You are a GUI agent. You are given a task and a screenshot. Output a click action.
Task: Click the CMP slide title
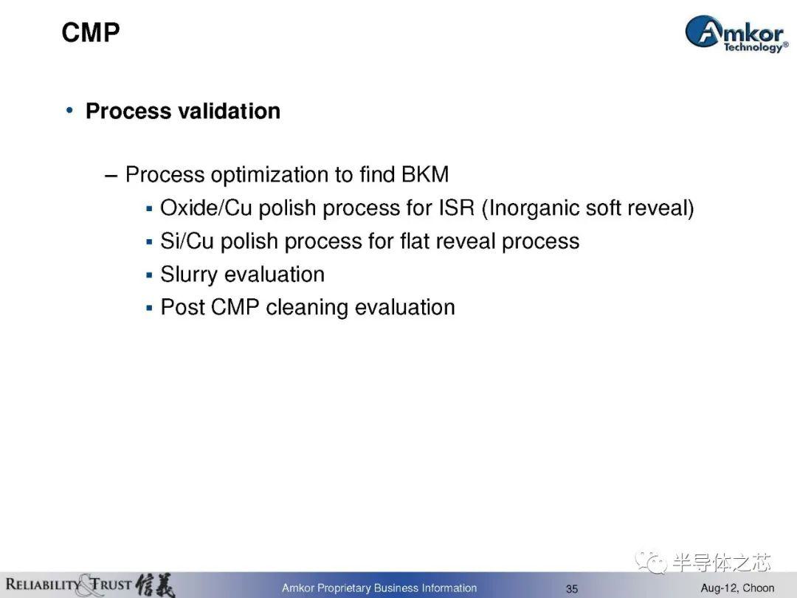[x=91, y=32]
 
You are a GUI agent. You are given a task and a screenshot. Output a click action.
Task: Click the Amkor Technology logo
[x=736, y=33]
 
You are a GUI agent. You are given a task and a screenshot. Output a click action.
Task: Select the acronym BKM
[x=425, y=174]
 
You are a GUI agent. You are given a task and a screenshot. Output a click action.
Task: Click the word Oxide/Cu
[x=206, y=208]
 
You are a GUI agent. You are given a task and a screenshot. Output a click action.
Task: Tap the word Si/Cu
[x=187, y=241]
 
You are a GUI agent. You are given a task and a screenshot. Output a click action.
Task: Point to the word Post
[x=182, y=307]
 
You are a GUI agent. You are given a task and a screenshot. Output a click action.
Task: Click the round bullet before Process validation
[x=69, y=110]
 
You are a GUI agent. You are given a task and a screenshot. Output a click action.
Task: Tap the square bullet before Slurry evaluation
[x=149, y=275]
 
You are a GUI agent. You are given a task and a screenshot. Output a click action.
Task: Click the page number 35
[x=572, y=589]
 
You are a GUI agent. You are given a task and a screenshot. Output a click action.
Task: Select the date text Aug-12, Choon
[x=737, y=588]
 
